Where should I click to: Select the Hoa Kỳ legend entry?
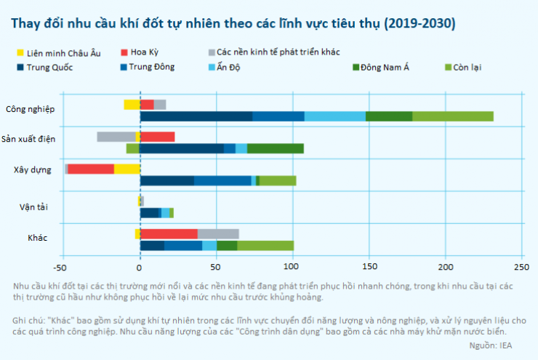coord(145,52)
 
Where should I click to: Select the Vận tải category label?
coord(33,207)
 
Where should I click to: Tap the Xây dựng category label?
coord(32,169)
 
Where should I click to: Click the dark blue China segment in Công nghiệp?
coord(196,116)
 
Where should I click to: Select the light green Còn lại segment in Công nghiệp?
coord(453,116)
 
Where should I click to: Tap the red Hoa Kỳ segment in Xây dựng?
coord(91,169)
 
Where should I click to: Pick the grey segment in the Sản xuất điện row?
coord(116,137)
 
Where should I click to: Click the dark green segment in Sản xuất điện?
coord(276,148)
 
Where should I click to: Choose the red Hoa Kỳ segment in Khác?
coord(169,233)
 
